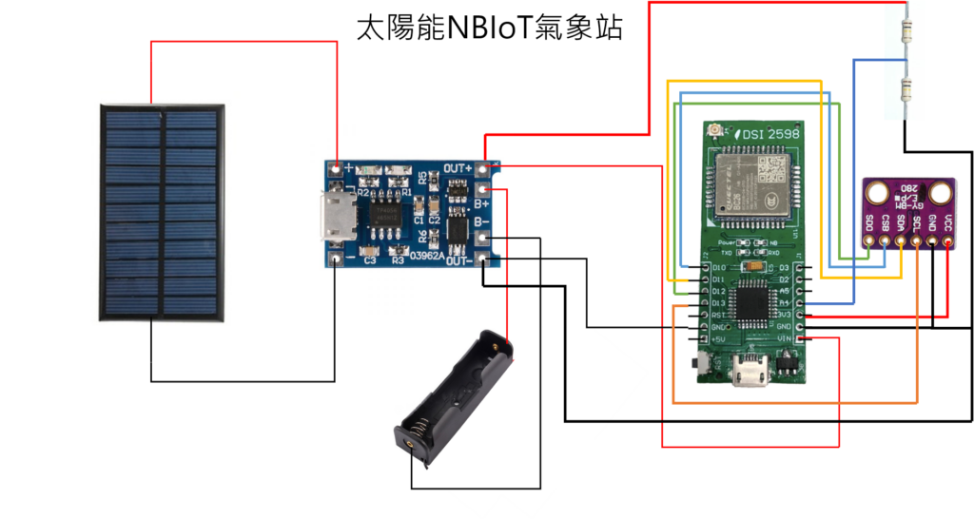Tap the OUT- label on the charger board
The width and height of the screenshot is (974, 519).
pyautogui.click(x=460, y=259)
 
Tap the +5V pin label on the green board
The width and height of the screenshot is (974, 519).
pyautogui.click(x=719, y=339)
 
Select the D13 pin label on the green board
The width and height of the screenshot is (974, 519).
pyautogui.click(x=719, y=303)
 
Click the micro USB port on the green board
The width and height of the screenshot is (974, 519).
pyautogui.click(x=754, y=374)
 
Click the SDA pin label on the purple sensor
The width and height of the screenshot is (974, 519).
pyautogui.click(x=901, y=225)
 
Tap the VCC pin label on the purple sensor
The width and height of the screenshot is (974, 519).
pyautogui.click(x=947, y=225)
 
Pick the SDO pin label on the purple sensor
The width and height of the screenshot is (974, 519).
pyautogui.click(x=869, y=225)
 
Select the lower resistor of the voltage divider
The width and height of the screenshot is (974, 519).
pyautogui.click(x=905, y=92)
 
